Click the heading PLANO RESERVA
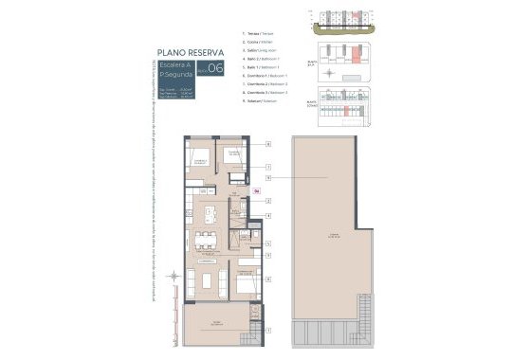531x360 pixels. point(191,53)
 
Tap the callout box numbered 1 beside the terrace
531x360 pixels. point(268,330)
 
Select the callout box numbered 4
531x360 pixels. point(268,215)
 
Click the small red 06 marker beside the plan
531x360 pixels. point(257,191)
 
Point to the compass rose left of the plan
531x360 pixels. point(174,278)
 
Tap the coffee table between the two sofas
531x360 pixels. point(206,280)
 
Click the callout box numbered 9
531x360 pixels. point(268,177)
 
